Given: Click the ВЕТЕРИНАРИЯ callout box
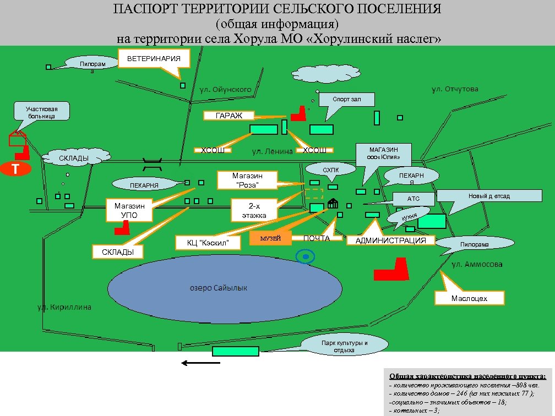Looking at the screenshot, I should [x=154, y=59].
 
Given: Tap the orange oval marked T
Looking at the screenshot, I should [x=16, y=168].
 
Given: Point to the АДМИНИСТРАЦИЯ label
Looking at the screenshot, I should [x=390, y=240].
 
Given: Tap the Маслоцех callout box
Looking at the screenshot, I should [x=469, y=298].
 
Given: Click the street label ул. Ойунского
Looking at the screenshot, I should [x=225, y=89].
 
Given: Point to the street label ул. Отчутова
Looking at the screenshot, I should [x=455, y=89].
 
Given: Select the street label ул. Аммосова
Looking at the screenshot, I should [x=477, y=265].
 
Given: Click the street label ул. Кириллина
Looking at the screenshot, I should [x=64, y=307].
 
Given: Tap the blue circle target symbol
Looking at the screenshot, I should [x=304, y=256].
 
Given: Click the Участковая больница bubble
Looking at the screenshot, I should [x=41, y=112].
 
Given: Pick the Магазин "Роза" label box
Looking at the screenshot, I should [x=247, y=180].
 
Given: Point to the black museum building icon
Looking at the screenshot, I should [x=333, y=204].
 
